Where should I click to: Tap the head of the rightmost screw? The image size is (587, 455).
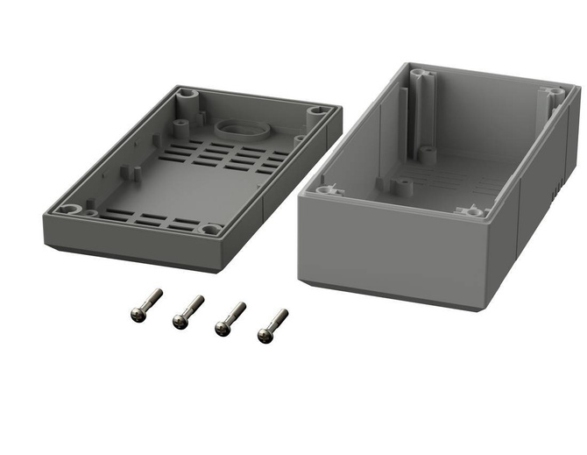264,333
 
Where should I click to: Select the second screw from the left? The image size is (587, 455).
180,320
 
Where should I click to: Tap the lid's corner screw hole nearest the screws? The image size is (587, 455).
210,230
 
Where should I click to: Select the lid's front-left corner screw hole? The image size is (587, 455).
70,209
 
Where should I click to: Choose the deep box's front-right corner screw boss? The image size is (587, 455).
470,211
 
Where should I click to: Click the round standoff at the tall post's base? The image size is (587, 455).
427,152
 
